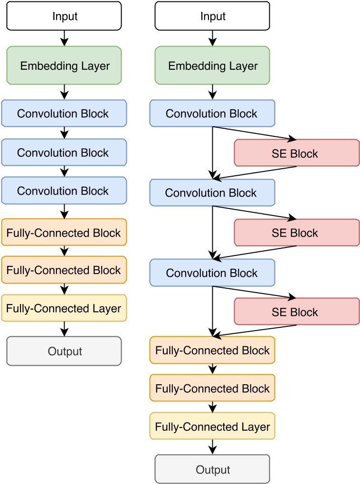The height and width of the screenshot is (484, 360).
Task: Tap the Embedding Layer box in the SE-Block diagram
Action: click(212, 66)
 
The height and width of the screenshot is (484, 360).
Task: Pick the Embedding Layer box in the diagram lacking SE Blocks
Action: click(64, 66)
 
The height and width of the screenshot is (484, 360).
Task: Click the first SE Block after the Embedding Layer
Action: click(297, 153)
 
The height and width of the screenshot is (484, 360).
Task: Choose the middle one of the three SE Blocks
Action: click(297, 233)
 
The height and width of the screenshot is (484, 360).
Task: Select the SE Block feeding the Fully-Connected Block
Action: click(297, 312)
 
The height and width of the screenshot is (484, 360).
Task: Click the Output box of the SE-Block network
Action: click(212, 469)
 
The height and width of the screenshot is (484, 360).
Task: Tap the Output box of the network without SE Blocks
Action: click(64, 351)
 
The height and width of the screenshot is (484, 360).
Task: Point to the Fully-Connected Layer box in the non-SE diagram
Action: click(64, 308)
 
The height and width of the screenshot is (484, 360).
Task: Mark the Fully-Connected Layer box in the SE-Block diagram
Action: click(212, 427)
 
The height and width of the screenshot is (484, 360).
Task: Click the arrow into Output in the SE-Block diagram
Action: click(212, 446)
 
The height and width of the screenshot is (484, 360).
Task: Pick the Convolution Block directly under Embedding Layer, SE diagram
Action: click(212, 114)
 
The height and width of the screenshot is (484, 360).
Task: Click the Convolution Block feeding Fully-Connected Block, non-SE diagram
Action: click(64, 191)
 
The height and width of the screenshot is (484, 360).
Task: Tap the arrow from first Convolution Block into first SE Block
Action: click(254, 133)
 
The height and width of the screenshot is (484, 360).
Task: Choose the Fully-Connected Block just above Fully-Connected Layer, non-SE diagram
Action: click(64, 270)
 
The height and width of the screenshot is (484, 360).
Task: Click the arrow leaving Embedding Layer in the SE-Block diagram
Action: click(212, 91)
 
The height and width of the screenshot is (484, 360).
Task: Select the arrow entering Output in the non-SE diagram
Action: click(64, 329)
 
